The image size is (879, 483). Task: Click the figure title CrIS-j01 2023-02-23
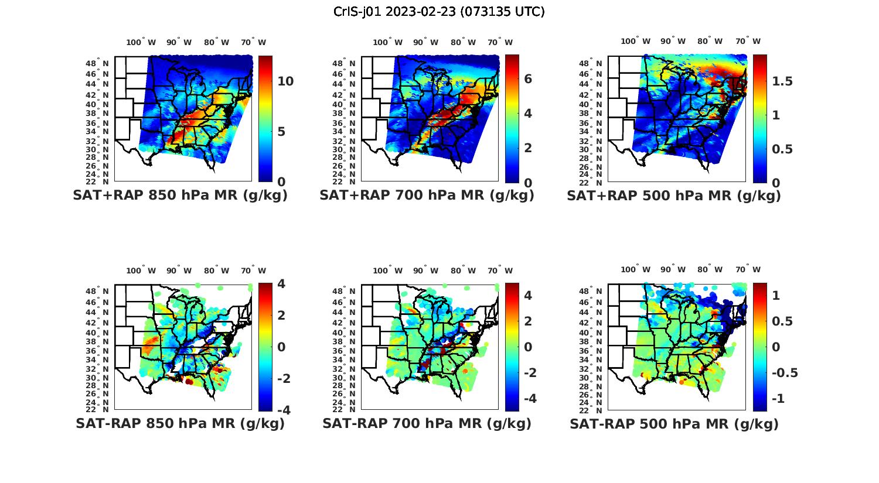439,12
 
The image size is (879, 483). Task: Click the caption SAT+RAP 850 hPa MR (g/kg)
180,196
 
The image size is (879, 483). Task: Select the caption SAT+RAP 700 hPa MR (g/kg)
427,196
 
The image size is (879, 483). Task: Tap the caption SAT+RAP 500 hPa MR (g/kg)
674,196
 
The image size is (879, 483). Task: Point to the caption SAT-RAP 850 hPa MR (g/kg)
180,423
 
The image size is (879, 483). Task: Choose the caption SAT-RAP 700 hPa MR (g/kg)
427,423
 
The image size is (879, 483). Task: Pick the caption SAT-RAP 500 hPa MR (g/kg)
674,423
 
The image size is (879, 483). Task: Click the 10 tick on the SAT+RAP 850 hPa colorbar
285,81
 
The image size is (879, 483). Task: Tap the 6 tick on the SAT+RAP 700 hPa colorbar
528,78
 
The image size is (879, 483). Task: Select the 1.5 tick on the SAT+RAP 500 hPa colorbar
782,81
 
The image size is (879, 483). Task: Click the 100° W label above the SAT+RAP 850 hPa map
141,42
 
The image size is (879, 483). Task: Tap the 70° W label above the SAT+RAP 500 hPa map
748,41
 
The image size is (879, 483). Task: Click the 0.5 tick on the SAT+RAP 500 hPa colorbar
782,149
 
